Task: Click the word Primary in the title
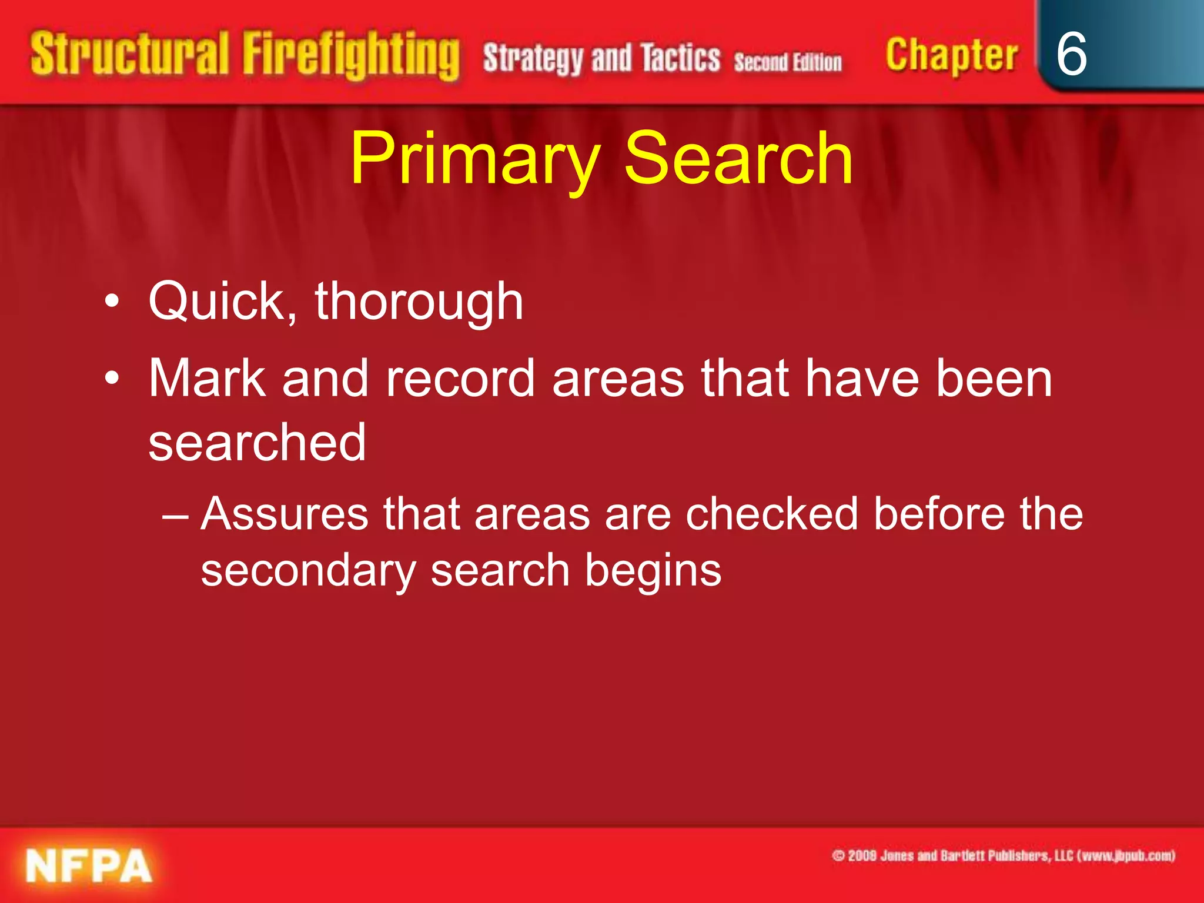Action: pos(475,159)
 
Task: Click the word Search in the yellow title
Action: pos(738,159)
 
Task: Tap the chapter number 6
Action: pos(1071,54)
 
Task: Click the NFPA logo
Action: pos(88,866)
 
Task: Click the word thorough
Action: pos(419,302)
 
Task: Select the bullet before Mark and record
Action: pos(112,379)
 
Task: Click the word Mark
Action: pos(207,379)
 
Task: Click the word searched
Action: pos(257,443)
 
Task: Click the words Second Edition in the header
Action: pos(788,62)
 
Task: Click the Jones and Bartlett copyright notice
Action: pos(1003,855)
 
